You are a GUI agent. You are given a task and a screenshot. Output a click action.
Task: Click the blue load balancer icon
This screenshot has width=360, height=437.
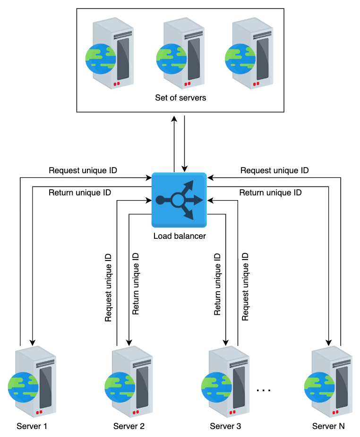coord(179,200)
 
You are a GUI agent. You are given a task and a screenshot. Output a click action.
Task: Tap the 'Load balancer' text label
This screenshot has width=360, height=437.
coord(180,236)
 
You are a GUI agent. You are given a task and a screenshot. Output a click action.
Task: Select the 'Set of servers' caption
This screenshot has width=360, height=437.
coord(180,98)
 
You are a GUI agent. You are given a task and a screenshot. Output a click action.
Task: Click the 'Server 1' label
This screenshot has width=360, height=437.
coord(32,426)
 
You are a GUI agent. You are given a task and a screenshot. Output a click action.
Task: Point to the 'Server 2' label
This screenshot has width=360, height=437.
coord(129,426)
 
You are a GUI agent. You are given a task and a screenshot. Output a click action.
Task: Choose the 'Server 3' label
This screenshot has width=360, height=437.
coord(225,426)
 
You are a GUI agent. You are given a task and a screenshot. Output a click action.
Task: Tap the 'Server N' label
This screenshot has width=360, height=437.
coord(328,426)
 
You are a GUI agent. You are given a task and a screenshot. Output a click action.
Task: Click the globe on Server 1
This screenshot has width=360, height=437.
coord(23,387)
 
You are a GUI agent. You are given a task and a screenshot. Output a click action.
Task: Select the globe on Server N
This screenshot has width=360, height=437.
coord(319,387)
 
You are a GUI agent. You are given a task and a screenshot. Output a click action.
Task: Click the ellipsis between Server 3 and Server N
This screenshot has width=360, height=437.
coord(264,390)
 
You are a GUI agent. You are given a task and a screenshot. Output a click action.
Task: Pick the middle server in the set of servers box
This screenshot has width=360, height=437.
coord(180,53)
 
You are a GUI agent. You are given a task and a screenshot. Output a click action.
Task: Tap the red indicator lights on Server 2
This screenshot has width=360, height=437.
coord(136,412)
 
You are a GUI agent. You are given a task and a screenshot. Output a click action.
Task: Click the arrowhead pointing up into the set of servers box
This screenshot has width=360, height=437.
coord(174,119)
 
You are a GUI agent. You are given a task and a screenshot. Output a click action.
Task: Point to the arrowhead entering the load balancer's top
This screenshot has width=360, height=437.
coord(184,169)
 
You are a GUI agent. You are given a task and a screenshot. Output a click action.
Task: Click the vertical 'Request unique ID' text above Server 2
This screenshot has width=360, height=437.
coord(108,287)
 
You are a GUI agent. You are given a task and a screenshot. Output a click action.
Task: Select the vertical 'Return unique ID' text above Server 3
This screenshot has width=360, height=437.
coord(217,284)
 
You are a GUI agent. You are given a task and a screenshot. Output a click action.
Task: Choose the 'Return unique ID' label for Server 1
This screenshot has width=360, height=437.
coord(80,193)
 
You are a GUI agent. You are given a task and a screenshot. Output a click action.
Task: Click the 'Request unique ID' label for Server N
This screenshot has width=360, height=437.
coord(274,170)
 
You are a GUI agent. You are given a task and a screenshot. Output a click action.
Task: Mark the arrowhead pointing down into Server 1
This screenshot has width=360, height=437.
coord(33,343)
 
